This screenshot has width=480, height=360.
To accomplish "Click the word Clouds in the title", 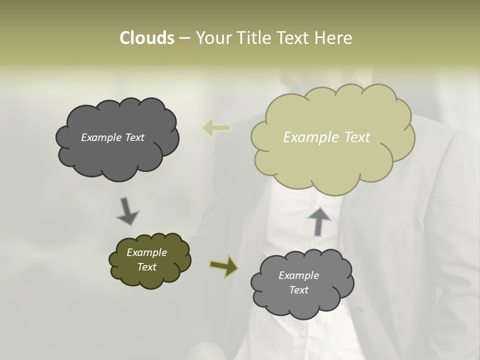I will click(146, 38).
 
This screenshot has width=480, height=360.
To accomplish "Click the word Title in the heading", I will click(253, 38).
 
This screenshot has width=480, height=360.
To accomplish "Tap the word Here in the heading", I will click(335, 38).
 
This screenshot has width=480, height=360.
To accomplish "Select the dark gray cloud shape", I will click(117, 155).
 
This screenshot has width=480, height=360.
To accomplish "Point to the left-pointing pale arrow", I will click(216, 128).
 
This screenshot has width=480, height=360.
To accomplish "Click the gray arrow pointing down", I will click(127, 210).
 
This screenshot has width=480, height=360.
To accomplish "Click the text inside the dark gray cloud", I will click(112, 137).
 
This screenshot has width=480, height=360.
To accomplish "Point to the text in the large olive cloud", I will click(326, 137).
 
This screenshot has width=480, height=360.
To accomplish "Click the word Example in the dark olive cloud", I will click(146, 252).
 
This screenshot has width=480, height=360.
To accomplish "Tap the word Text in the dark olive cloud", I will click(146, 267).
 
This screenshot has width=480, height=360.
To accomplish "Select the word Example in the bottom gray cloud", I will click(298, 275).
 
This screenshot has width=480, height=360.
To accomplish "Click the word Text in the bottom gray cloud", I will click(298, 290).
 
